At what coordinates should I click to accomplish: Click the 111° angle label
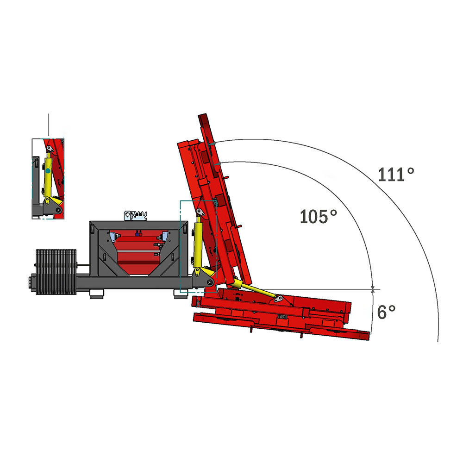point(396,175)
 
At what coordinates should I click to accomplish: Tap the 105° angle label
point(318,216)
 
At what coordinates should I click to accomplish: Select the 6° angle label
point(386,312)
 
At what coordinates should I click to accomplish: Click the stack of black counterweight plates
point(56,272)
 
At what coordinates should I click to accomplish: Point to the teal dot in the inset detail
point(48,171)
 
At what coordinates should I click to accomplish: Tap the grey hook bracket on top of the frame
point(136,215)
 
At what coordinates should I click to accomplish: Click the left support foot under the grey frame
point(97,294)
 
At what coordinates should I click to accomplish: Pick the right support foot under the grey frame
point(181,294)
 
